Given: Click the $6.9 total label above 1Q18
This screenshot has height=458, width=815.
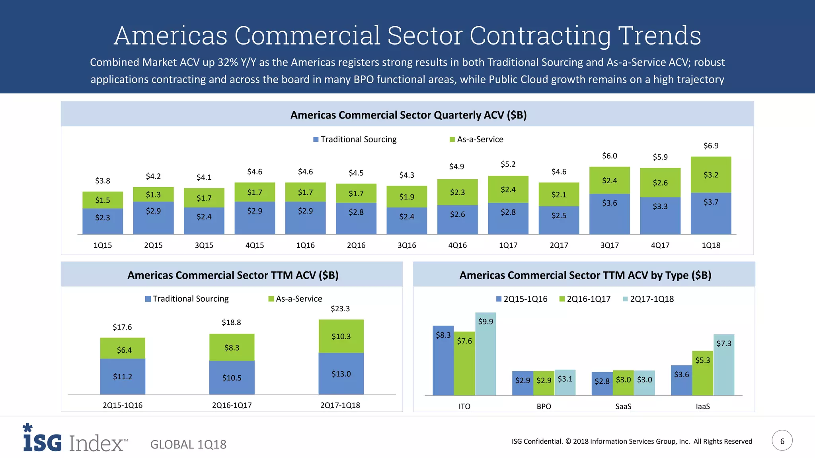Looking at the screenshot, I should click(x=711, y=146).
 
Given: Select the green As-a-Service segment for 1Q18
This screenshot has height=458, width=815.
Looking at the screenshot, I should click(x=711, y=175).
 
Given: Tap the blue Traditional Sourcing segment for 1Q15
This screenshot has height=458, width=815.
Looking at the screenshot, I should click(x=103, y=221).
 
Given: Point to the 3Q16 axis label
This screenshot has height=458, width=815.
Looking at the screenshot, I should click(x=407, y=245).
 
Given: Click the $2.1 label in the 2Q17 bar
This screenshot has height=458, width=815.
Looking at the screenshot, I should click(x=559, y=194).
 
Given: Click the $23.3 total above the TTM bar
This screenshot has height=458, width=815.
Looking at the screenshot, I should click(x=340, y=309).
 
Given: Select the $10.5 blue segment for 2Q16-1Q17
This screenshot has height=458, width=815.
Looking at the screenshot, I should click(x=232, y=378).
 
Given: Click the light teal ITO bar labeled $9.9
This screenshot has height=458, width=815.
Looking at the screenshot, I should click(x=485, y=354).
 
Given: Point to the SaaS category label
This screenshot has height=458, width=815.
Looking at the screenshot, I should click(x=623, y=406).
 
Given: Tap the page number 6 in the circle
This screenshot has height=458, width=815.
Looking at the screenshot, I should click(x=782, y=441).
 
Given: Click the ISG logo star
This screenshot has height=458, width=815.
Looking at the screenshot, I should click(x=27, y=428).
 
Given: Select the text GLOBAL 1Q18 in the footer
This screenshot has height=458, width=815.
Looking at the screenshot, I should click(x=188, y=444).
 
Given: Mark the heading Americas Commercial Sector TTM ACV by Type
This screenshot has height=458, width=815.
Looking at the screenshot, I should click(x=585, y=275).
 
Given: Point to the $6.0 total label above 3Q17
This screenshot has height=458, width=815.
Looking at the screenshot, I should click(x=609, y=156).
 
